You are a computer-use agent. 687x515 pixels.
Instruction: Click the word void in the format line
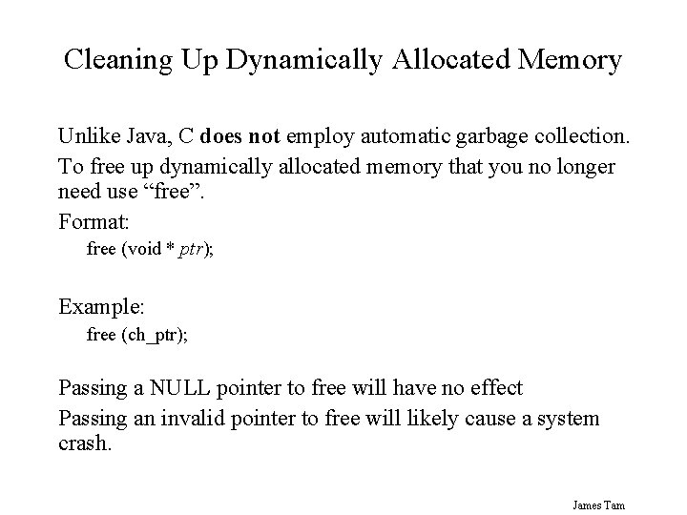[137, 250]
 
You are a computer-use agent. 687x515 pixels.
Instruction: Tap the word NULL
[177, 389]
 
